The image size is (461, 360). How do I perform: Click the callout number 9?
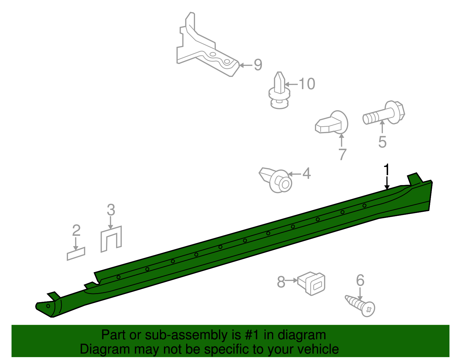[258, 65]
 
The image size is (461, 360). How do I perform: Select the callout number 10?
[307, 84]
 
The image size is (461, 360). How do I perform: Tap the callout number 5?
[382, 142]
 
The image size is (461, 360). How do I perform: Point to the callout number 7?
[342, 154]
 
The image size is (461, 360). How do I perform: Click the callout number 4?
[307, 173]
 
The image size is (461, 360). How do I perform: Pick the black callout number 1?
[387, 169]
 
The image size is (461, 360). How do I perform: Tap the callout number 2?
[76, 230]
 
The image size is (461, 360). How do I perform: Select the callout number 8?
[281, 282]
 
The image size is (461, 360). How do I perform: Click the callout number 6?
[360, 280]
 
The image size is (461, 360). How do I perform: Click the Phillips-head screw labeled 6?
[360, 306]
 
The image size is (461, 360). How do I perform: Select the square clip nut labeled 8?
[311, 283]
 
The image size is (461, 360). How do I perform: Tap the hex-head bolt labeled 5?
[384, 113]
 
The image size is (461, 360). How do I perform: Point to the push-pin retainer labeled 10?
[279, 91]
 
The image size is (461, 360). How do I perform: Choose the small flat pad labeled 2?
[76, 254]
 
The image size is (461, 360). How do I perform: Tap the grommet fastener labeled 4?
[275, 180]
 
